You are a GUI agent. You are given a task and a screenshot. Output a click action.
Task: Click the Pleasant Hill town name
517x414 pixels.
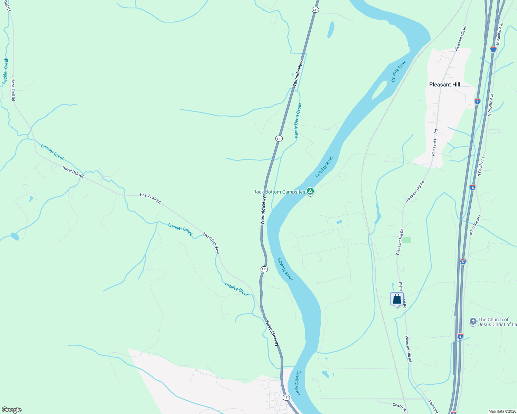pos(444,85)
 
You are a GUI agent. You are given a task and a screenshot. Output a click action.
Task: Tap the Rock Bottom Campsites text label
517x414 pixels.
pos(279,192)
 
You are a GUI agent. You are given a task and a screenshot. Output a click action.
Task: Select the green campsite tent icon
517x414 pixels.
pos(310,191)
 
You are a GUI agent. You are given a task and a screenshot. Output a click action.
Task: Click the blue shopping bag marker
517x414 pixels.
pos(397,299)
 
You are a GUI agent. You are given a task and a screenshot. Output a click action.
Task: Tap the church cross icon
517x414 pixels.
pos(473,322)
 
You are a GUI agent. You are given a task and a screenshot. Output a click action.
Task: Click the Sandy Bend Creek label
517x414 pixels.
pos(298,120)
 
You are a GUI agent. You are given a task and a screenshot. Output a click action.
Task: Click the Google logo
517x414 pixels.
pos(11,410)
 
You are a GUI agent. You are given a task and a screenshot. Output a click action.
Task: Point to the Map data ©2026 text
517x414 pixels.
pos(501,411)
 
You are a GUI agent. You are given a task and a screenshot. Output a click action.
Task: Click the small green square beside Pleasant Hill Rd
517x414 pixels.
pos(406,240)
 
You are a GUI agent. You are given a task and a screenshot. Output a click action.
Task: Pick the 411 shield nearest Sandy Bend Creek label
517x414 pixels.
pos(279,138)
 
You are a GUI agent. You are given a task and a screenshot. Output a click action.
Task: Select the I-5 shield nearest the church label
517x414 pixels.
pos(460,336)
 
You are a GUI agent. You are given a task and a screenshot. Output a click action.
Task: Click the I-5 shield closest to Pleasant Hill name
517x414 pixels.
pos(477,101)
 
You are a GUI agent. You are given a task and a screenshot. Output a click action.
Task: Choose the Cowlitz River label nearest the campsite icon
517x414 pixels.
pos(324,167)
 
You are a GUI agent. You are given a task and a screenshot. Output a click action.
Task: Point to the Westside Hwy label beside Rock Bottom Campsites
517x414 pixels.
pos(263,210)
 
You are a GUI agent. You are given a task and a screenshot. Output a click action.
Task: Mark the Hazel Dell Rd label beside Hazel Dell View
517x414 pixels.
pos(150,198)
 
